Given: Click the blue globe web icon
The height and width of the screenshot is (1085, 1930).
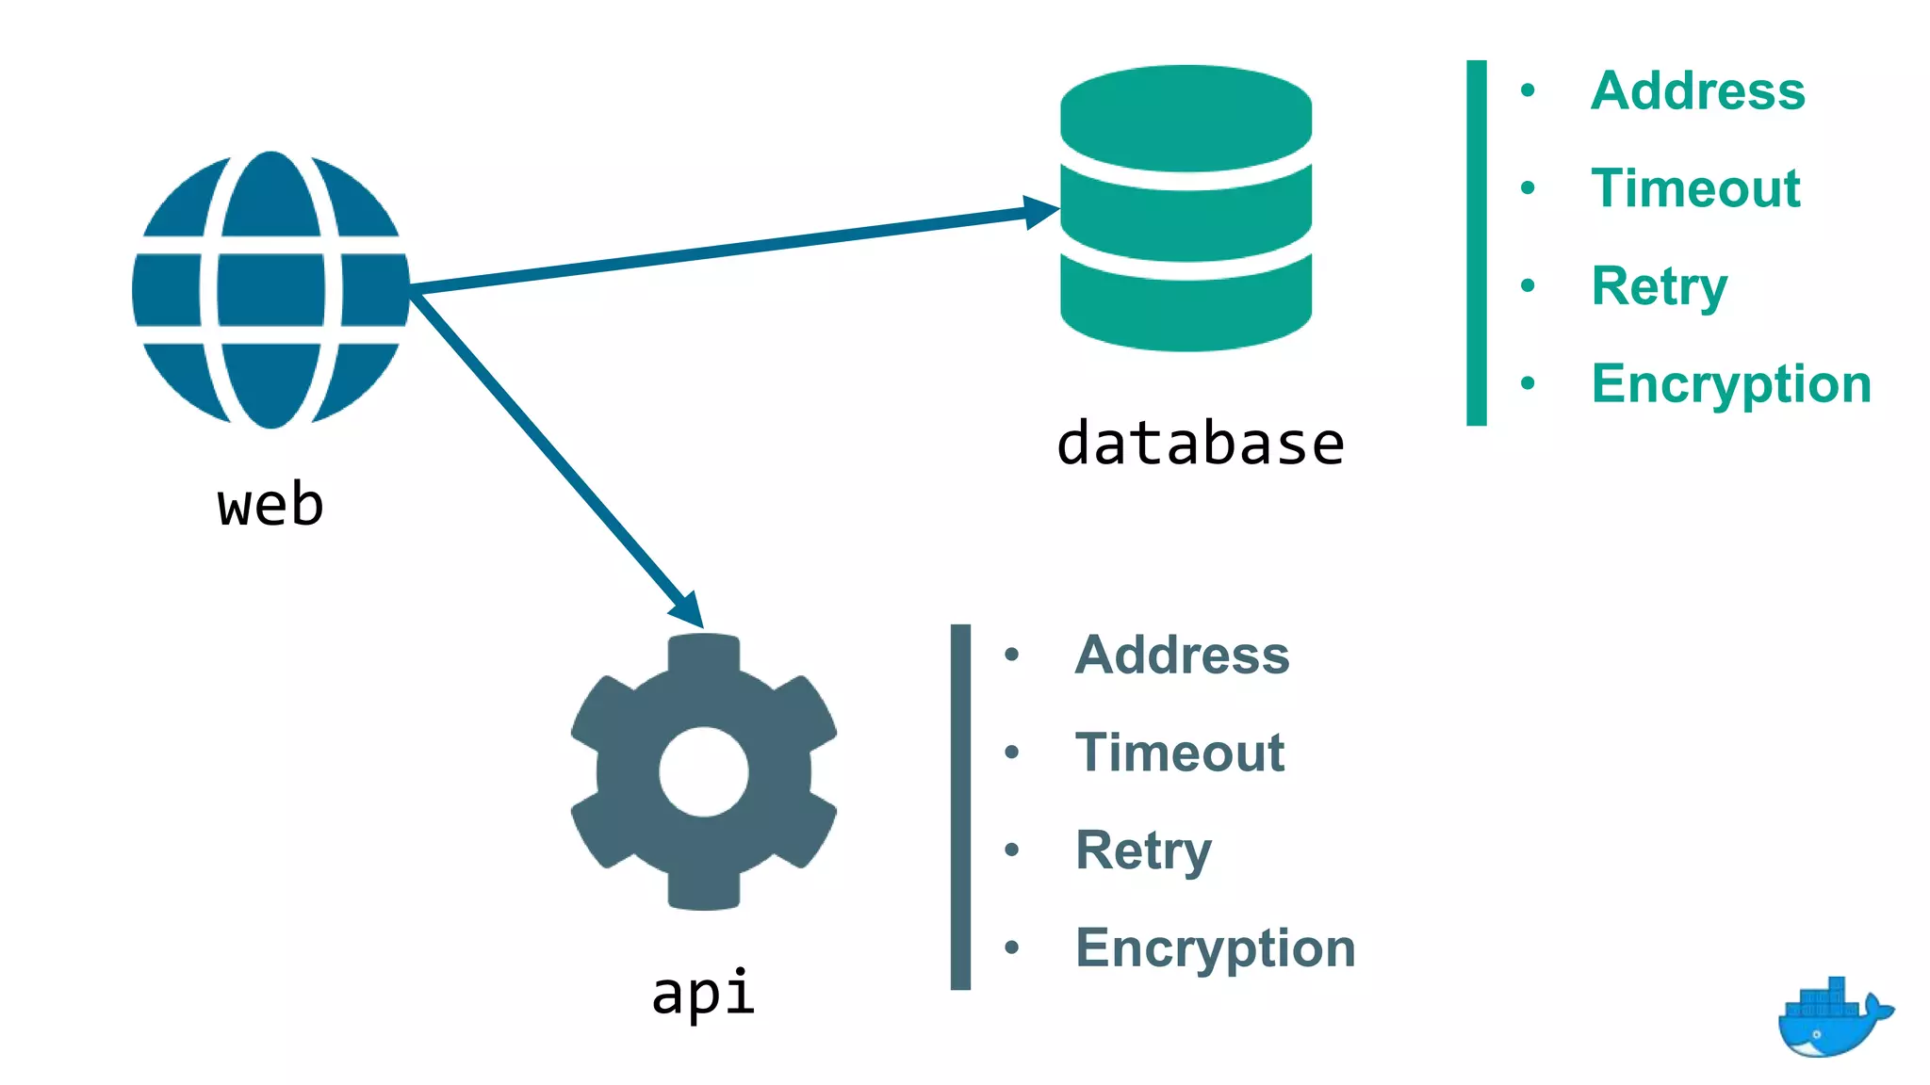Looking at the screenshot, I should point(270,289).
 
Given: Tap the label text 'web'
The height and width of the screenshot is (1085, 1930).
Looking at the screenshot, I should point(270,505).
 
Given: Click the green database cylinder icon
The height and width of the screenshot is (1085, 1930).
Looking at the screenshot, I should point(1186,208).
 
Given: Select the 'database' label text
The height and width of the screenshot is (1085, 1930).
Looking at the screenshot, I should point(1200,444).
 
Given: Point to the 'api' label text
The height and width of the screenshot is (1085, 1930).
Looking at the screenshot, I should point(703,993).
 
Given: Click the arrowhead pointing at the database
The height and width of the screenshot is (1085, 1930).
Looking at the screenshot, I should point(1042,212).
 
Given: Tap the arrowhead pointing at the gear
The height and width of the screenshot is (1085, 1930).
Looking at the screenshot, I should point(689,609).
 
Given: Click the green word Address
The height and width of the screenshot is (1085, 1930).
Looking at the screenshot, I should point(1697,91).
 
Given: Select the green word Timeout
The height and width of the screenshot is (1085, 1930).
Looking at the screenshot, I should point(1695,188).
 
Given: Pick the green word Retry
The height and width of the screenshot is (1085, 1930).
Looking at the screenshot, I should point(1659,286).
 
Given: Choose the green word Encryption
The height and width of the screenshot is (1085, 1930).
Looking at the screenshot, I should point(1731,384).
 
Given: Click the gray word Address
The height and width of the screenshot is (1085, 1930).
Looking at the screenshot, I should point(1182,655).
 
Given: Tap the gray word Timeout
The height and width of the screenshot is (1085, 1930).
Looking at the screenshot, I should point(1180,753).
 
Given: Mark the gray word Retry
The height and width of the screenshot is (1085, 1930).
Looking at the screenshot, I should point(1143,850).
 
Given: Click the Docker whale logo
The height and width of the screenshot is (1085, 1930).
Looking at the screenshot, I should point(1832,1020).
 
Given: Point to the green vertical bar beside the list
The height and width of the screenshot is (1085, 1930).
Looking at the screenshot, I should point(1477,243).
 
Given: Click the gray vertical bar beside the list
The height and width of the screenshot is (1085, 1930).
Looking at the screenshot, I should point(960,807).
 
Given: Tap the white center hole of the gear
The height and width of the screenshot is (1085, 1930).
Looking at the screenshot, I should point(704,772).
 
